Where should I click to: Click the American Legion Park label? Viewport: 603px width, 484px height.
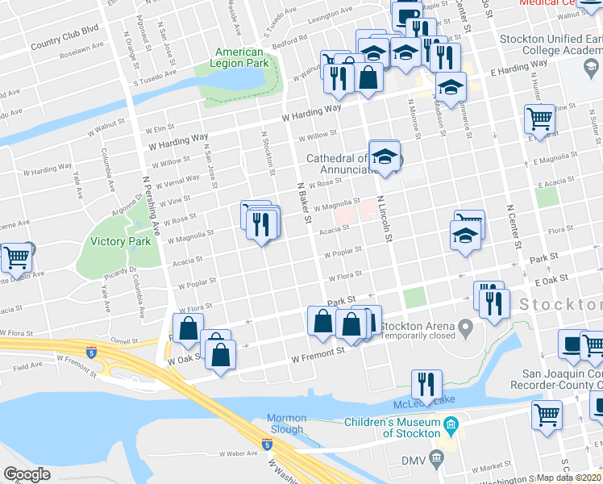239,56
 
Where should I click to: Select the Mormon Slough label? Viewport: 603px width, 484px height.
287,423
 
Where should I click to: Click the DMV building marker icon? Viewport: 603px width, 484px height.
436,460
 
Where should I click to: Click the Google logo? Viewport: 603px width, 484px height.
27,474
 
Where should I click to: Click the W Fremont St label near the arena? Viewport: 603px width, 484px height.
318,353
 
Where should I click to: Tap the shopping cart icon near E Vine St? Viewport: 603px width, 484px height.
539,119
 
